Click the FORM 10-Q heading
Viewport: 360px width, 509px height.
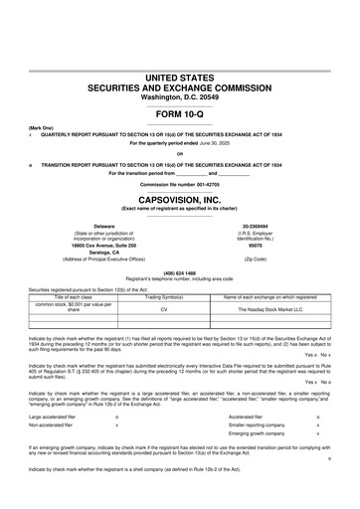(179, 112)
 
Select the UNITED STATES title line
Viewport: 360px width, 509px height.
(179, 77)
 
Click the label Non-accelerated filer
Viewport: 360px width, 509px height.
(55, 424)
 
